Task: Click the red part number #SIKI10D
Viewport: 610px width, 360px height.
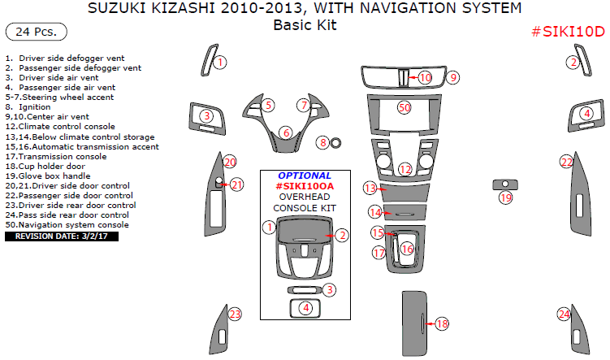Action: [568, 32]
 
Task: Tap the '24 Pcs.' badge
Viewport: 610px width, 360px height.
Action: [36, 33]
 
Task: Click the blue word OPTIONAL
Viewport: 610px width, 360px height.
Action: [305, 176]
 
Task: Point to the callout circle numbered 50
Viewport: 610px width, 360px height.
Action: [405, 107]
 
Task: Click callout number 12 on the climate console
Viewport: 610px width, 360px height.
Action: [405, 169]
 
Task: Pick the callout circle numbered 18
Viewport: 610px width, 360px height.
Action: [442, 323]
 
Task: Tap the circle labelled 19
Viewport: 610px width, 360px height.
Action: [506, 198]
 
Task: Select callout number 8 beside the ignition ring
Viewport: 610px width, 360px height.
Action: [323, 143]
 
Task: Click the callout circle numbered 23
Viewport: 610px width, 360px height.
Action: [235, 314]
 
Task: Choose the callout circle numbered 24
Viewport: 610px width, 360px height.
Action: [564, 314]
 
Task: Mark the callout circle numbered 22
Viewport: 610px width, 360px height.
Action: [566, 163]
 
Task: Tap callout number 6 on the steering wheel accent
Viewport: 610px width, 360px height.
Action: [285, 132]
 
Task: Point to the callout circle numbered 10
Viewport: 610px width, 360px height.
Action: [426, 77]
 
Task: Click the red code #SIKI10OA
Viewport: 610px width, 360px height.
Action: [305, 185]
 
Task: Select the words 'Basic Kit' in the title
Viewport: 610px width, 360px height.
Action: [305, 25]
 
